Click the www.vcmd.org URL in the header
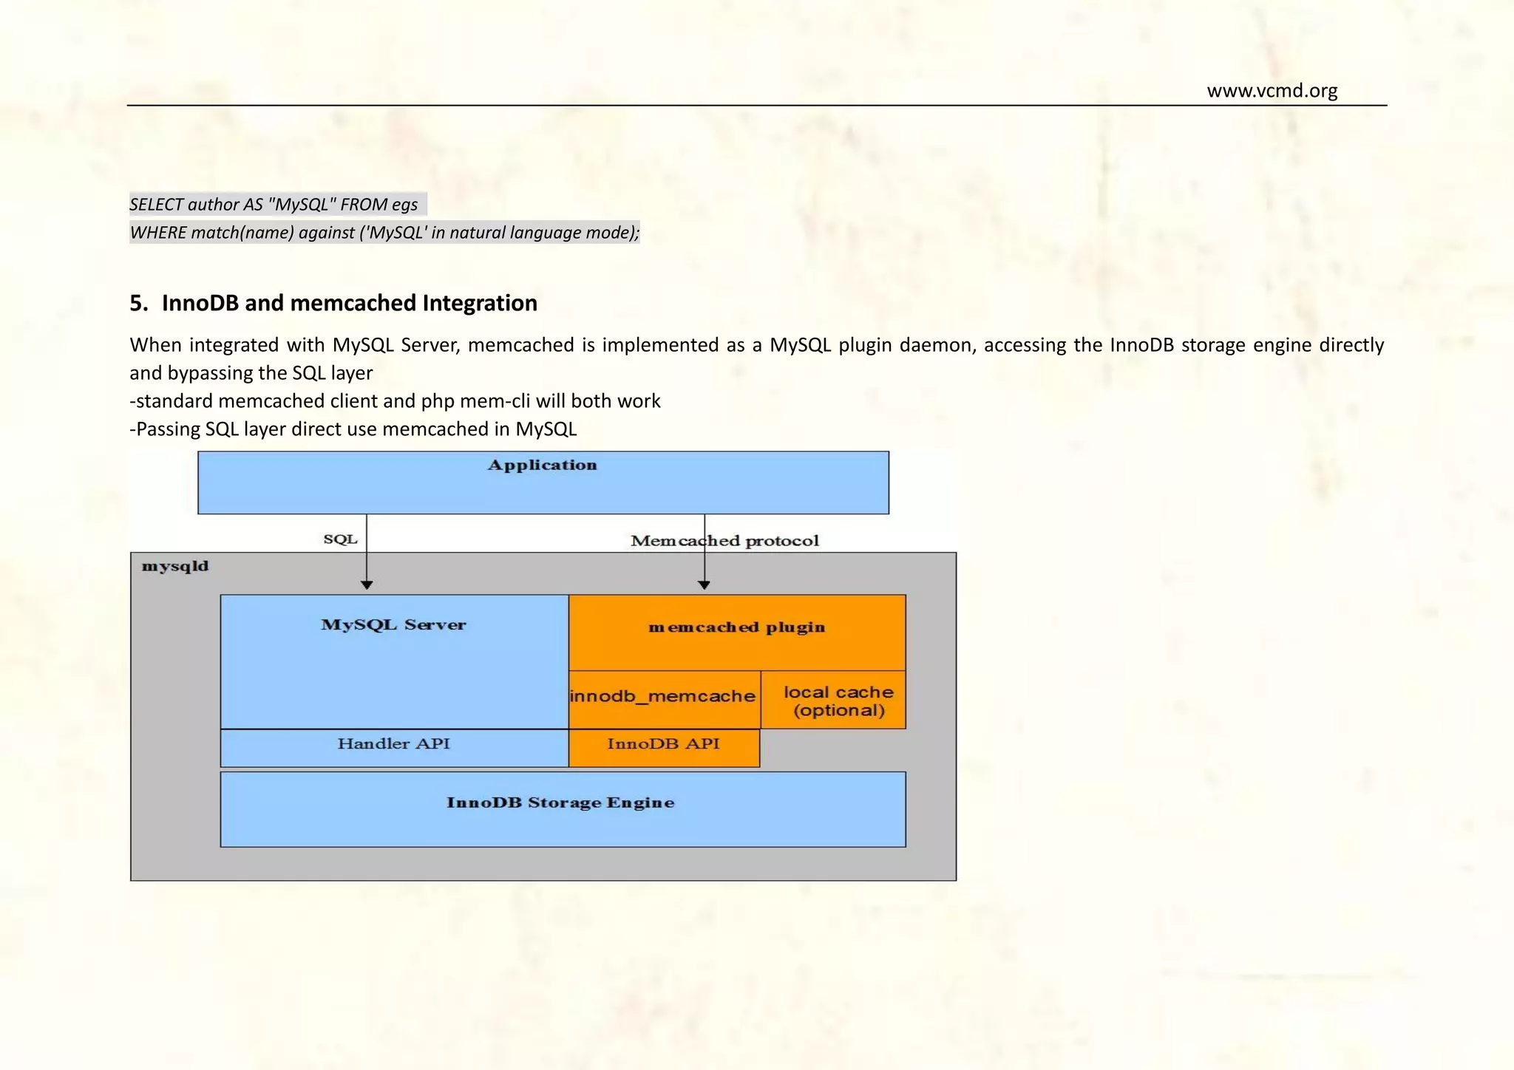[1272, 91]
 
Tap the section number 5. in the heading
[139, 303]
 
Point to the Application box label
[542, 466]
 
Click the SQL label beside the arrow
[340, 539]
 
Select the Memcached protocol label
[724, 541]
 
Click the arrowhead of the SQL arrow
[367, 585]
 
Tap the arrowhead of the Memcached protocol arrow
[704, 585]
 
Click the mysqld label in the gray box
[175, 567]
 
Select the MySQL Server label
[393, 625]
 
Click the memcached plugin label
[736, 627]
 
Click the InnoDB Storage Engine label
[560, 803]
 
